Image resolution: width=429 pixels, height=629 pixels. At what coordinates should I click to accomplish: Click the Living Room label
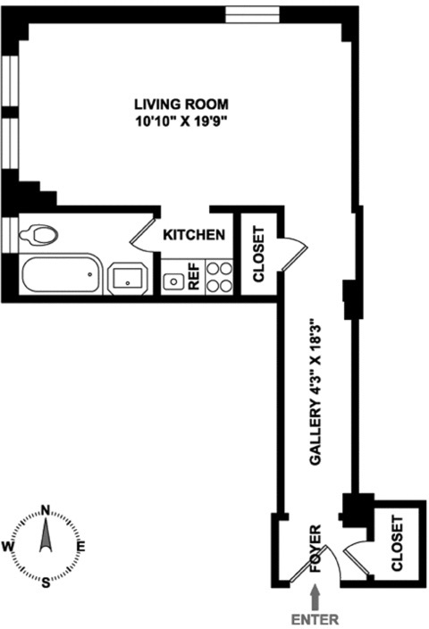181,105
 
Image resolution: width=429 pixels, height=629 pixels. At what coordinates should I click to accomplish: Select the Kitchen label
194,235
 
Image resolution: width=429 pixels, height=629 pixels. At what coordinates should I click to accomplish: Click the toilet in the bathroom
38,235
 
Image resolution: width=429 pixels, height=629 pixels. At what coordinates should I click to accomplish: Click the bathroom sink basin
128,279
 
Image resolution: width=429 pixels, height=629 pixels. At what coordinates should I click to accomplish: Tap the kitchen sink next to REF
173,281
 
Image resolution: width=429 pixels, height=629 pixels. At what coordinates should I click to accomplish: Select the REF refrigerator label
194,276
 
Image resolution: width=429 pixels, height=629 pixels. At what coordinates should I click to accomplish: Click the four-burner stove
220,276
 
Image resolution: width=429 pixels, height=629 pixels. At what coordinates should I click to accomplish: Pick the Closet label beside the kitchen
259,255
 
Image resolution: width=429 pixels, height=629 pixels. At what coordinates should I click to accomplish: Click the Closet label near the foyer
397,543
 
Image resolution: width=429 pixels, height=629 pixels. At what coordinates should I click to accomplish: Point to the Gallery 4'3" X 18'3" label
315,392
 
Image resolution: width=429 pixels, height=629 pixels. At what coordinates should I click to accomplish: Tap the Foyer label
315,548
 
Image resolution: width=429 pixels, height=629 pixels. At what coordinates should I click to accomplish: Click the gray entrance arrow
315,597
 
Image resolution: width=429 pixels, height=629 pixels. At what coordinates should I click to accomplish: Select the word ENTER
315,619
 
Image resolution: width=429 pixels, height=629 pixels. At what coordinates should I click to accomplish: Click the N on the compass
46,510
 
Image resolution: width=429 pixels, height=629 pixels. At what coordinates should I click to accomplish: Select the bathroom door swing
142,235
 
